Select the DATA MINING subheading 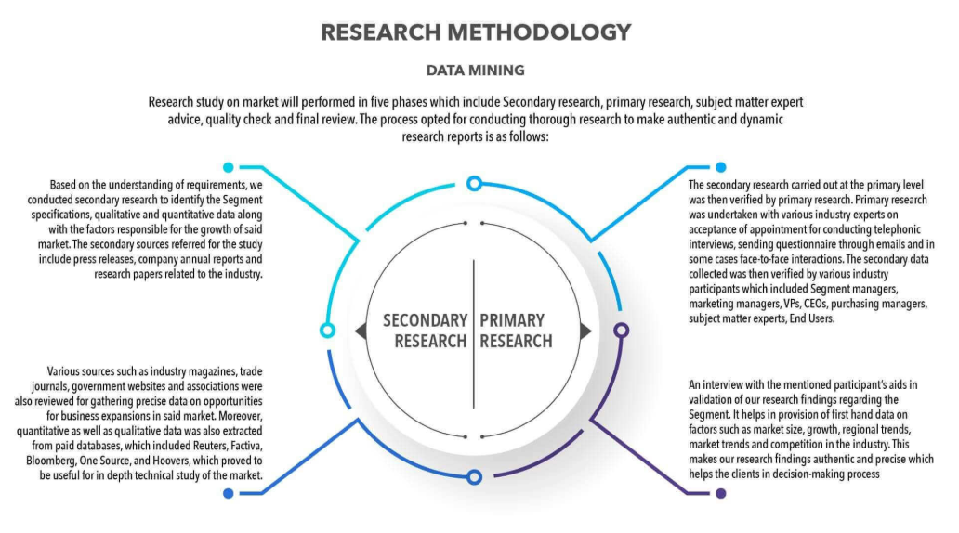[x=475, y=71]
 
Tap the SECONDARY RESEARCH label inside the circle [x=425, y=331]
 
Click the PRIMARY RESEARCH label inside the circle [x=516, y=331]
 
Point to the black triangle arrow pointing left [x=361, y=331]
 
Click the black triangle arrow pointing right [x=586, y=331]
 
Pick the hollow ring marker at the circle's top [x=474, y=183]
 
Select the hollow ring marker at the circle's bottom [x=474, y=477]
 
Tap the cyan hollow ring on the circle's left [x=327, y=331]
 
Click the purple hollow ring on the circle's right [x=622, y=331]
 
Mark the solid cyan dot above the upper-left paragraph [x=228, y=167]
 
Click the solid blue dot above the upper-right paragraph [x=721, y=167]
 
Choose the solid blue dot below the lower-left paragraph [x=228, y=493]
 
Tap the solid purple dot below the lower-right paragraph [x=721, y=493]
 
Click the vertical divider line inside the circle [x=473, y=333]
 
